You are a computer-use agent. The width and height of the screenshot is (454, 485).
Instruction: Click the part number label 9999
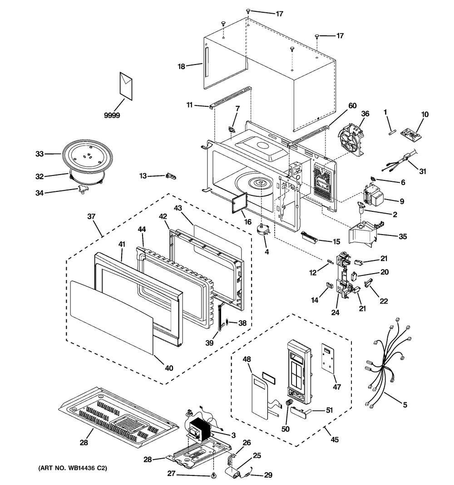click(x=112, y=116)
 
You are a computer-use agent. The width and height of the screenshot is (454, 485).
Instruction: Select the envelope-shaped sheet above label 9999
click(x=126, y=85)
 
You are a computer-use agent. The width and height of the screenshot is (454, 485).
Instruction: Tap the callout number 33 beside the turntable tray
click(x=39, y=154)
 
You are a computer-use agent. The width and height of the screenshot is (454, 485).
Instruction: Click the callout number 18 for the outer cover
click(x=182, y=66)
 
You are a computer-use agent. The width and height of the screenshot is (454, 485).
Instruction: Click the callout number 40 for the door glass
click(x=169, y=368)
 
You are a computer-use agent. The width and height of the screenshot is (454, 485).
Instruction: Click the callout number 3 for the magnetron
click(x=233, y=435)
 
